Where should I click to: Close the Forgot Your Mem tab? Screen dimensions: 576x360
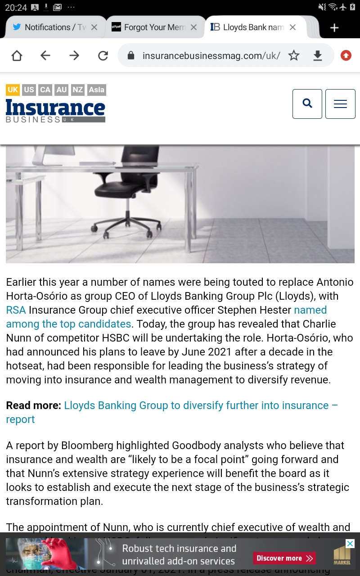193,27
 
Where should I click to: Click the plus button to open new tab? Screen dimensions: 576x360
334,28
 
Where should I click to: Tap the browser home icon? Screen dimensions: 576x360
17,55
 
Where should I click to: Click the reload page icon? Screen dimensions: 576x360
103,55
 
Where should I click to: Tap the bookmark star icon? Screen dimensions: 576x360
294,55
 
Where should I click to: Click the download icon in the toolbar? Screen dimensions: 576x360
318,55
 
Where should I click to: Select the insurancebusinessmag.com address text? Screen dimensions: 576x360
211,56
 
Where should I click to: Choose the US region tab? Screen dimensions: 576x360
29,90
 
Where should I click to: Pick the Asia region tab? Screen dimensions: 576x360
96,90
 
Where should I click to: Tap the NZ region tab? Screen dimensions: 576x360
78,90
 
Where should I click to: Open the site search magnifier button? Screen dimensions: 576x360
307,104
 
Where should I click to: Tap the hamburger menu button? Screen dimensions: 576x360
340,104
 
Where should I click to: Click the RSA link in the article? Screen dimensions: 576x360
16,310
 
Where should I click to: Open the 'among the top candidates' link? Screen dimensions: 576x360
68,324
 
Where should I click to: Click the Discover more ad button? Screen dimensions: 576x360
284,558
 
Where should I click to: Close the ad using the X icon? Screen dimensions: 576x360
350,544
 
